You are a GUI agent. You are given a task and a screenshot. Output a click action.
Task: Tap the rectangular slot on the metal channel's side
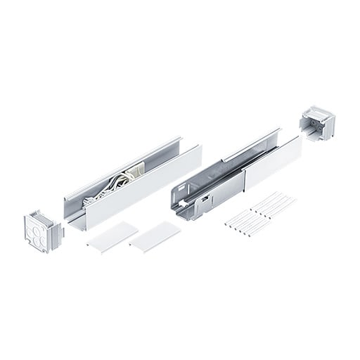tap(204, 202)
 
